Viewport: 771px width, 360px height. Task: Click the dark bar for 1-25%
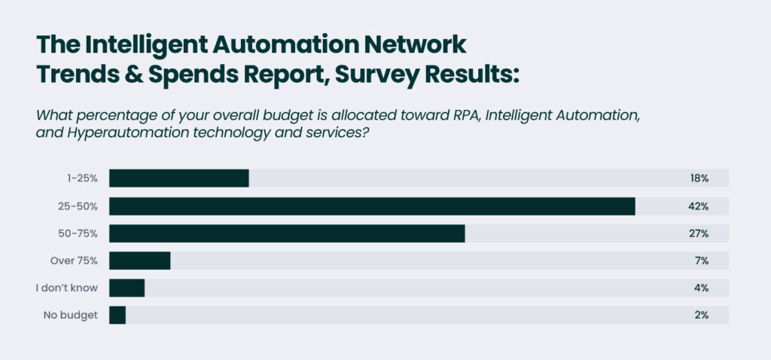pos(178,178)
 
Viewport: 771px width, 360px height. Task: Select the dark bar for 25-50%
pos(372,206)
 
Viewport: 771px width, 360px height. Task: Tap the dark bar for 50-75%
pos(287,233)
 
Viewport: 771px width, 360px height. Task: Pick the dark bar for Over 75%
pos(140,261)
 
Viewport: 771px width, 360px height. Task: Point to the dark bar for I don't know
pos(126,288)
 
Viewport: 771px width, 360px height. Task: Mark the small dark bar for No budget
pos(117,315)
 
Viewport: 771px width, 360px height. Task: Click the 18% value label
pos(699,178)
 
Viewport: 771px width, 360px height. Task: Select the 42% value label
pos(699,206)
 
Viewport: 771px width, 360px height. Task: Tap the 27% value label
pos(699,233)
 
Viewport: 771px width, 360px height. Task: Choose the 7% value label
pos(701,261)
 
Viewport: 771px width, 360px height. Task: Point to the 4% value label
pos(701,288)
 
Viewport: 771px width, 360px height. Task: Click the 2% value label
pos(701,315)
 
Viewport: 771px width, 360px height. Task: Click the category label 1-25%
pos(81,178)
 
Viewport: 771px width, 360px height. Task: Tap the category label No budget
pos(70,315)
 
